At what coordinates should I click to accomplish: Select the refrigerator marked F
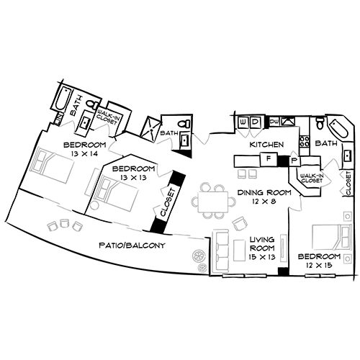(268, 158)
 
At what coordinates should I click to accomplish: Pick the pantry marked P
(294, 159)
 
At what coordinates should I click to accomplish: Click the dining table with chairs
(213, 199)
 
